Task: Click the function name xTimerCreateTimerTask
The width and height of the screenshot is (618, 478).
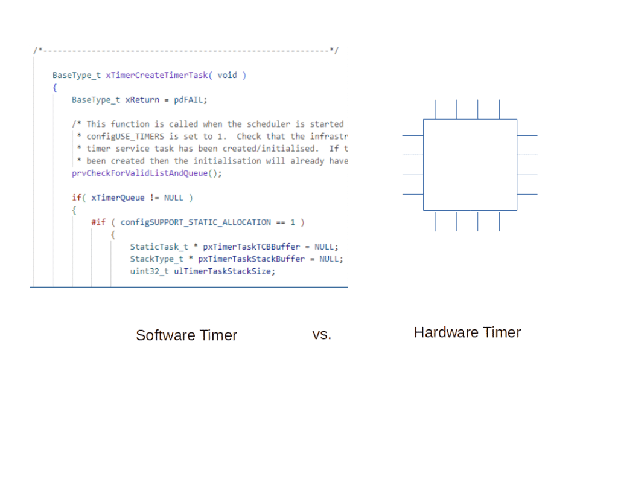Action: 157,75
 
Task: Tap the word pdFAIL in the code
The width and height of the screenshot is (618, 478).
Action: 189,100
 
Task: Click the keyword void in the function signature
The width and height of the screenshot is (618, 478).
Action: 228,75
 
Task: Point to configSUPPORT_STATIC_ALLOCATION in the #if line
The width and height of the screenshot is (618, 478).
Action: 196,222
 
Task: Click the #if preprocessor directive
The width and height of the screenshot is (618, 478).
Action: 98,222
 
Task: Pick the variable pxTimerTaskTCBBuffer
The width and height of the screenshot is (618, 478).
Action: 252,247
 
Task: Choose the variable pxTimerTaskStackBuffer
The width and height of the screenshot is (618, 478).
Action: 252,259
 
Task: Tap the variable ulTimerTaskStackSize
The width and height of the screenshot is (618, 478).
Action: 222,271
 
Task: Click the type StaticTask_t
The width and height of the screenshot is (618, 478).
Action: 159,247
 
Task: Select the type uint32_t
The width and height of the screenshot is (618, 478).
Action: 150,271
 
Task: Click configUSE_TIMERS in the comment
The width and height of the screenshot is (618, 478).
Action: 126,137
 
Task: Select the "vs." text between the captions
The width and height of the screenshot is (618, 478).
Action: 322,335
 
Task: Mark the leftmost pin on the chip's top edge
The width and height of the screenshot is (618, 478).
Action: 435,109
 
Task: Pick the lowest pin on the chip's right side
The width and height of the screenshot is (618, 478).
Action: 527,194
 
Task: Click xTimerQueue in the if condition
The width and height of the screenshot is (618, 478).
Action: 118,198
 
